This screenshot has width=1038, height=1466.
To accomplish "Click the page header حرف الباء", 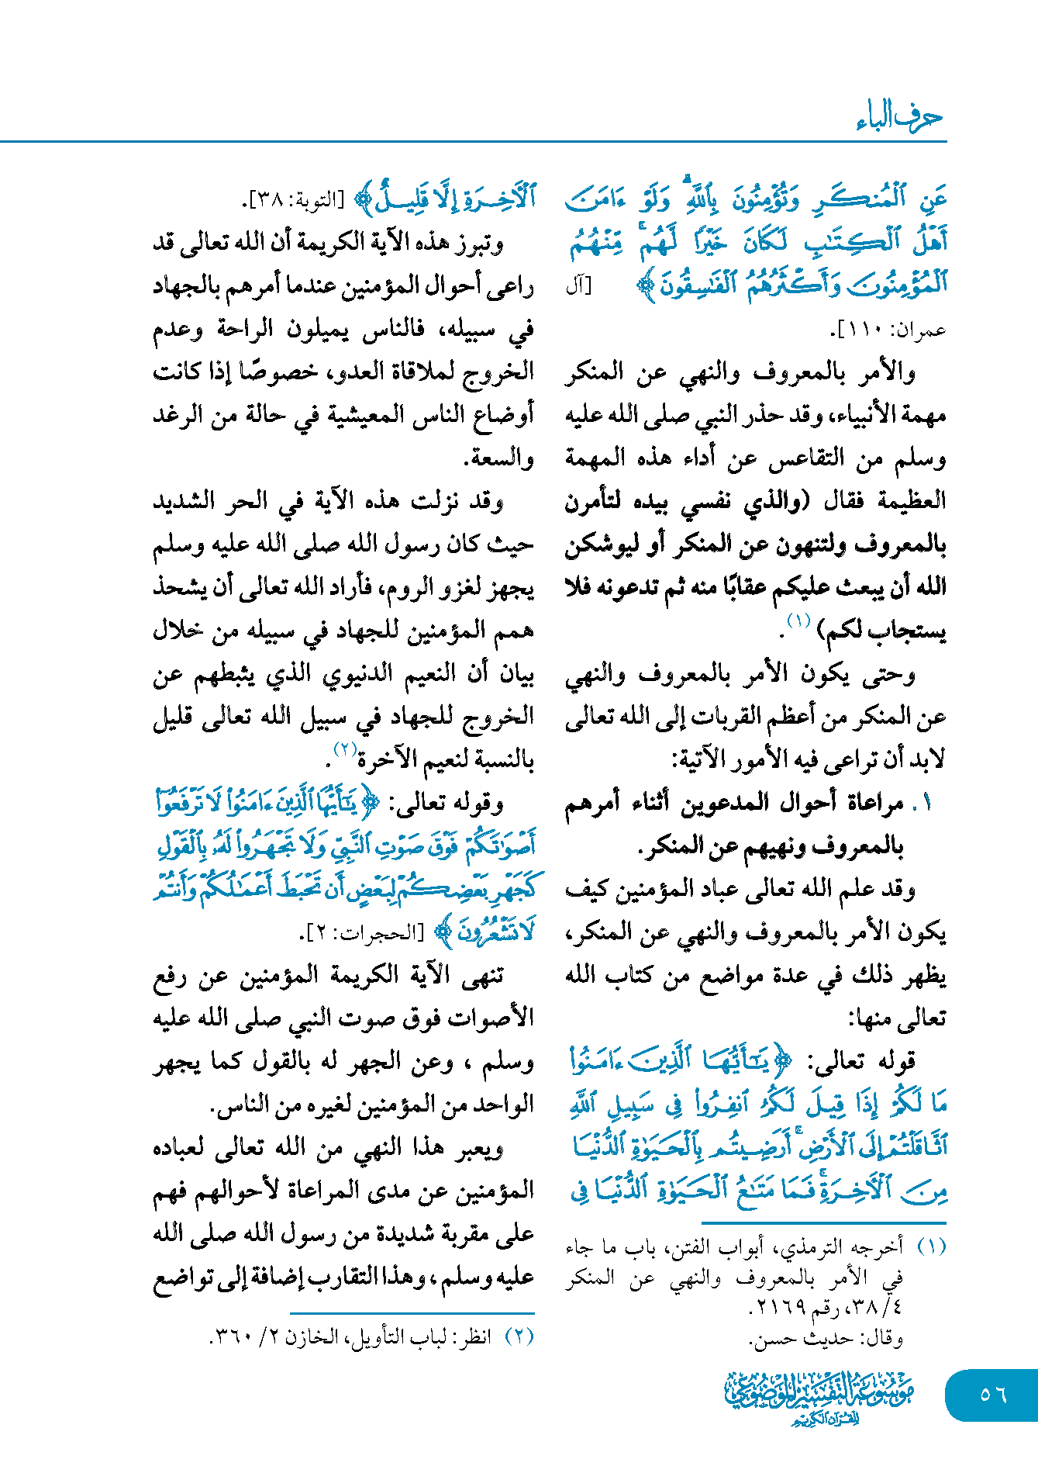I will coord(899,117).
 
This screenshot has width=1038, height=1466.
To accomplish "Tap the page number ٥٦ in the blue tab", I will coord(992,1395).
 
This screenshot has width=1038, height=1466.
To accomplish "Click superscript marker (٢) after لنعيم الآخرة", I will coord(344,749).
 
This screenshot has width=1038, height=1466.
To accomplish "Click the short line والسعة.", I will coord(499,458).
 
